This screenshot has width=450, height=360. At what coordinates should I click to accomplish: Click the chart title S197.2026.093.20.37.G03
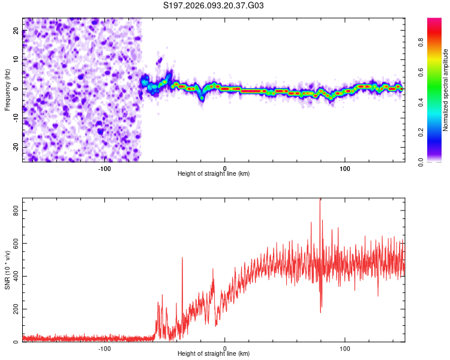click(x=214, y=6)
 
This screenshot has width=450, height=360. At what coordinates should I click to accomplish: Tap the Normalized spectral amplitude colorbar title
click(x=446, y=91)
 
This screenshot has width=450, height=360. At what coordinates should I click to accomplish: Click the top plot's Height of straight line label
click(x=214, y=173)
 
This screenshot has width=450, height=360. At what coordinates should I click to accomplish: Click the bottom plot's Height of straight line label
click(x=214, y=353)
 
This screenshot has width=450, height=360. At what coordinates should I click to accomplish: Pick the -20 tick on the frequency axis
click(x=15, y=146)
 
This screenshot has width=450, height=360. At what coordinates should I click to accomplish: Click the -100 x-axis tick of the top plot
click(x=104, y=167)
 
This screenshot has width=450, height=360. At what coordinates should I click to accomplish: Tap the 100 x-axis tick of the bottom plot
click(x=345, y=347)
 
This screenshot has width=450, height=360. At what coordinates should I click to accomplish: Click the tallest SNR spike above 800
click(x=320, y=200)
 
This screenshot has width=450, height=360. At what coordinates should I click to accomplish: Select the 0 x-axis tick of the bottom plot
click(x=225, y=347)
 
